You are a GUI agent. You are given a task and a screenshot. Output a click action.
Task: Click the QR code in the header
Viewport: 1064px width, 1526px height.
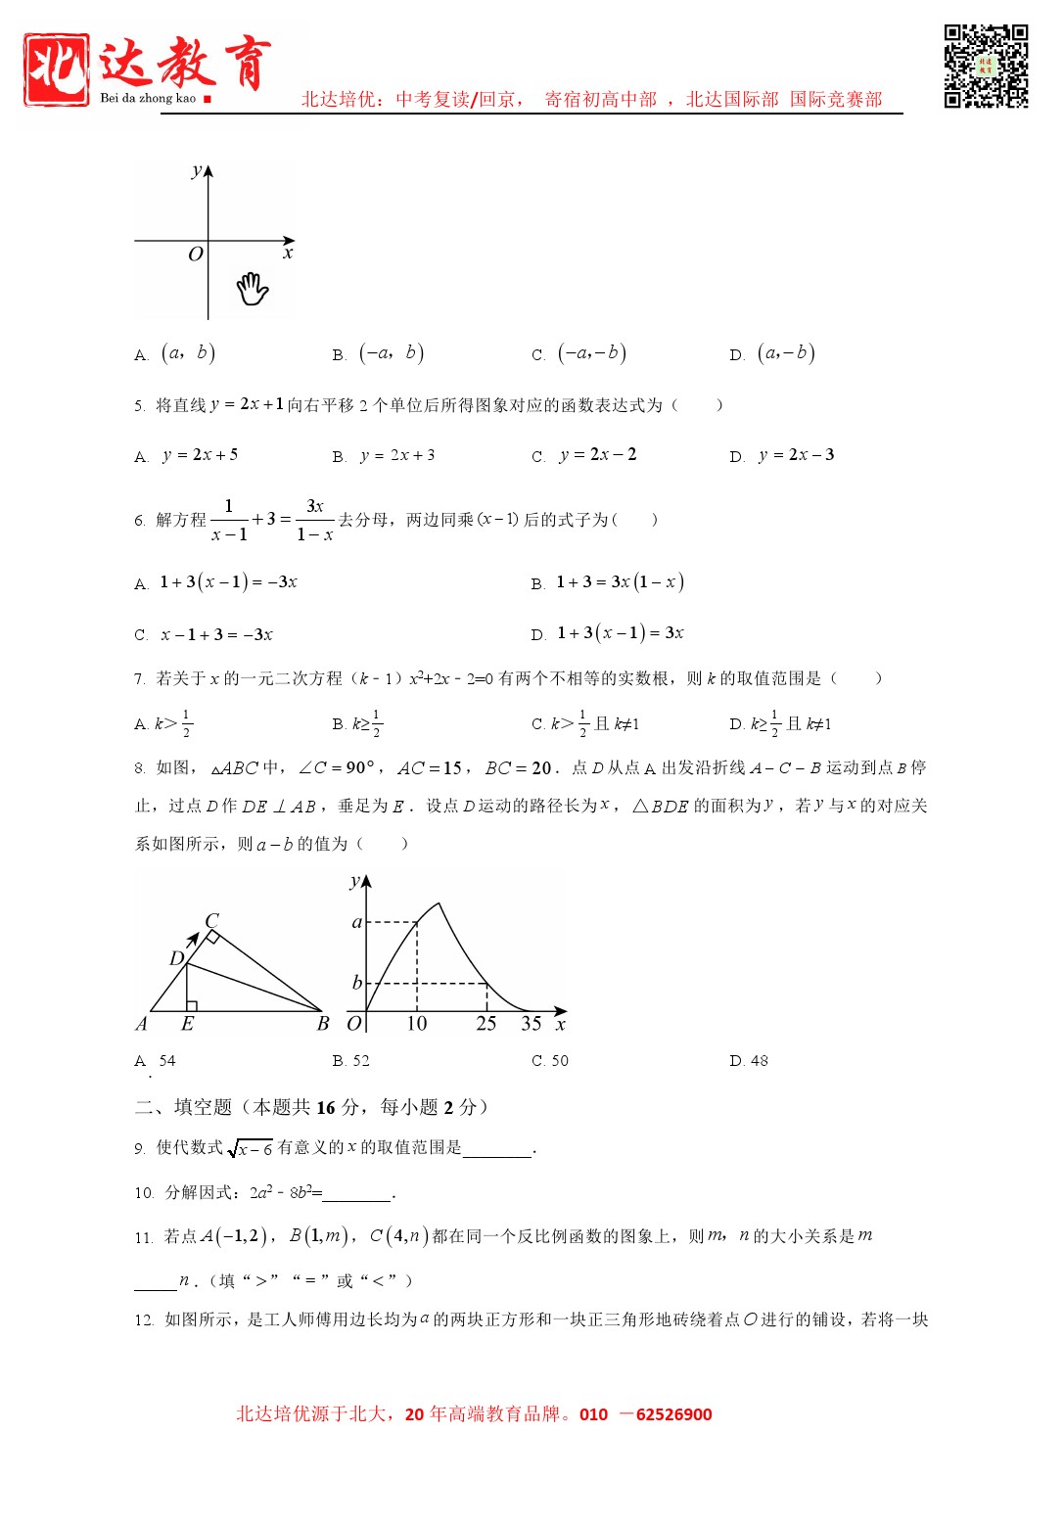click(985, 66)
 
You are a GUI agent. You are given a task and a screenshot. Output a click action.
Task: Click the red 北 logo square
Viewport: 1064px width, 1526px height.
click(57, 69)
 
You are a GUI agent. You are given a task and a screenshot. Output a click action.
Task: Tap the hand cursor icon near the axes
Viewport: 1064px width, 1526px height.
click(252, 289)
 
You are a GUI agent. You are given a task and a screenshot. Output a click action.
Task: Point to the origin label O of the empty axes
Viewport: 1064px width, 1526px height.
click(195, 254)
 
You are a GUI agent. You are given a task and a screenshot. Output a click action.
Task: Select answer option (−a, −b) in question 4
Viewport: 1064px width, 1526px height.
click(591, 353)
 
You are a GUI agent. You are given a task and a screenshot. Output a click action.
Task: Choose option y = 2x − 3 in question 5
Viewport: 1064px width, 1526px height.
click(796, 455)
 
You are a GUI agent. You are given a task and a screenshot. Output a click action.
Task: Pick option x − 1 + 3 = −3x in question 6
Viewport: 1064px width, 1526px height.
click(216, 635)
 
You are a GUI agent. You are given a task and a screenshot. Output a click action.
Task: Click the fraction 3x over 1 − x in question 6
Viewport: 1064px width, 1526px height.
click(314, 520)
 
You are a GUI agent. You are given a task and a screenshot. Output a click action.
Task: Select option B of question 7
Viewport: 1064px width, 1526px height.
click(357, 724)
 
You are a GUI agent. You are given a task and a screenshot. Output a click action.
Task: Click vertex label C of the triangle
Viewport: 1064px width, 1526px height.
click(211, 920)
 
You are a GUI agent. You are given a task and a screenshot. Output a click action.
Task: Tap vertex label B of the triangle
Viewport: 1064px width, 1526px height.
click(323, 1024)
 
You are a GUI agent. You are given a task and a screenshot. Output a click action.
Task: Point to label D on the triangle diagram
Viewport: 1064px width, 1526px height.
click(177, 958)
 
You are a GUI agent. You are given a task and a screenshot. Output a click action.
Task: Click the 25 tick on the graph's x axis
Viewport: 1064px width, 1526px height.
click(486, 1024)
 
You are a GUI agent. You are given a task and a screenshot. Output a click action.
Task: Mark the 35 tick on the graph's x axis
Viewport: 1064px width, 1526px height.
click(532, 1024)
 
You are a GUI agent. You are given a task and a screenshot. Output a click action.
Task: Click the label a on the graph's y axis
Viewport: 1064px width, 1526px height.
click(356, 922)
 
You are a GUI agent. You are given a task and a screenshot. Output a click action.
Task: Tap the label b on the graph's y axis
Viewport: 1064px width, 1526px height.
click(356, 983)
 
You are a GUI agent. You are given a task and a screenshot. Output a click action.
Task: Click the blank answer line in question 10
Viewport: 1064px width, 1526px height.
click(357, 1194)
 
